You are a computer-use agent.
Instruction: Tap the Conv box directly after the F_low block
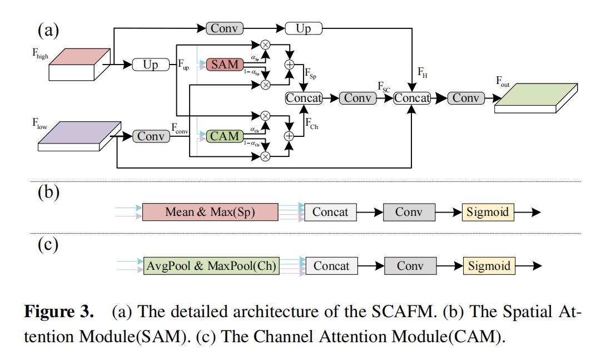coord(151,136)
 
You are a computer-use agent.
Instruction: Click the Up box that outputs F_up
coord(151,65)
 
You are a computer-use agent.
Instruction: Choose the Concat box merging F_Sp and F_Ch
coord(304,98)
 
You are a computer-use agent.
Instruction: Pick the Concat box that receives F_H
coord(412,98)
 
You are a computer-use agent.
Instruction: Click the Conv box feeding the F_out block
coord(466,98)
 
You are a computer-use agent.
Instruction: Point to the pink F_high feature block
coord(79,64)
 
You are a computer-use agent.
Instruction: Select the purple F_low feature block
coord(80,136)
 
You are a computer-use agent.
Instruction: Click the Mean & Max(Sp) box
coord(210,212)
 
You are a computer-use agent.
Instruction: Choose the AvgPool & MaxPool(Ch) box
coord(211,266)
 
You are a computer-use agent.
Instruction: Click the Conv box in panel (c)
coord(410,266)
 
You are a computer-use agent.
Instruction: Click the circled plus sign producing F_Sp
coord(289,65)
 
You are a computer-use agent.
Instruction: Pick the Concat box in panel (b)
coord(330,212)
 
